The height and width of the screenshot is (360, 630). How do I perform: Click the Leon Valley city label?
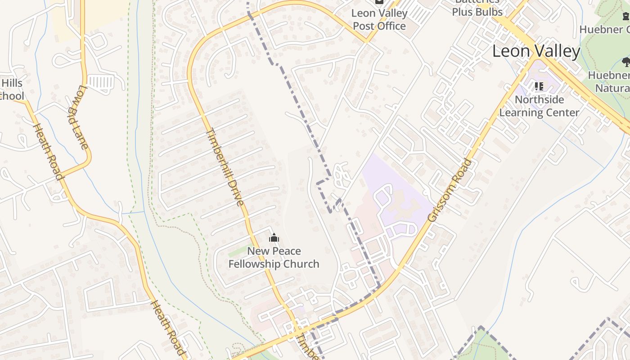click(536, 51)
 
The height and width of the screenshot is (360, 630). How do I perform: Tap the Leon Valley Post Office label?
click(379, 19)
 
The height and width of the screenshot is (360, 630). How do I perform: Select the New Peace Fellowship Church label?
click(274, 257)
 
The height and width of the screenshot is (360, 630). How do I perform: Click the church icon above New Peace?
click(274, 238)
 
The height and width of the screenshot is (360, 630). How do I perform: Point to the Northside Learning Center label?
click(539, 106)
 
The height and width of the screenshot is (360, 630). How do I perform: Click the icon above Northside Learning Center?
click(539, 86)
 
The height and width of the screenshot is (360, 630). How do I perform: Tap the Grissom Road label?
click(450, 190)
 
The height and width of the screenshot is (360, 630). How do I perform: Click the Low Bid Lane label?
click(78, 117)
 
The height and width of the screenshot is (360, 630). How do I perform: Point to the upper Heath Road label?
click(48, 151)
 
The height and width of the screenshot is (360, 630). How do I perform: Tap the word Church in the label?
click(301, 264)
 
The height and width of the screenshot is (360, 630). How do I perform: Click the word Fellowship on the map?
click(254, 264)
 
